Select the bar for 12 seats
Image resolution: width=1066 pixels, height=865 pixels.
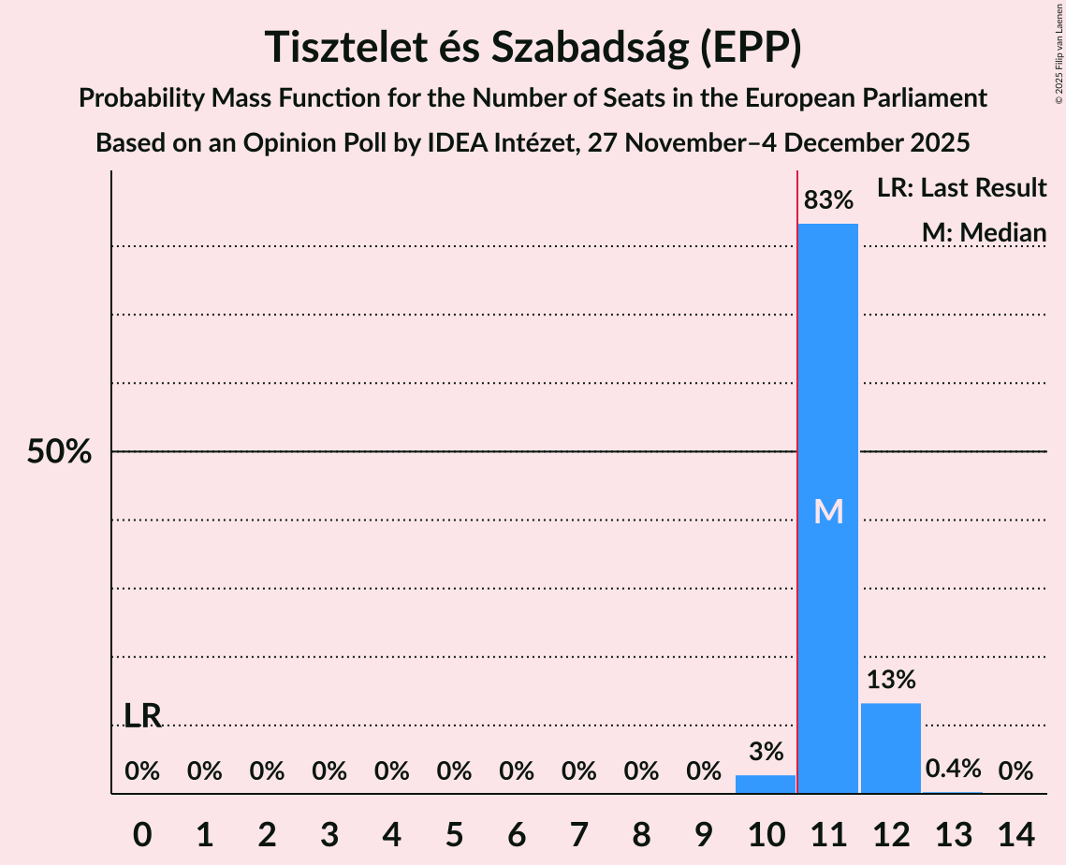890,748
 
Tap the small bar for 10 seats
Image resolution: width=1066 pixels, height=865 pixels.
766,784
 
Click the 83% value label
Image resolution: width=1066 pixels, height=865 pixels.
828,200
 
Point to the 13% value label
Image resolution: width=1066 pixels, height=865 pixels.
890,680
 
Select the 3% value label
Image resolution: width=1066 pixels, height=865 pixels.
766,751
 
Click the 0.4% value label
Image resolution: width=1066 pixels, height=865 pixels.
953,770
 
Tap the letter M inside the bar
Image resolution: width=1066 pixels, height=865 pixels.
828,511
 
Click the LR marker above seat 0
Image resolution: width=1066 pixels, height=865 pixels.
142,716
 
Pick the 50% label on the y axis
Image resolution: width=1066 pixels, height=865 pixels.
59,452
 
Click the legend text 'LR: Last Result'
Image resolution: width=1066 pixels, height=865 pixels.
961,188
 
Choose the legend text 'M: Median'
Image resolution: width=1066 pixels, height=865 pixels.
984,232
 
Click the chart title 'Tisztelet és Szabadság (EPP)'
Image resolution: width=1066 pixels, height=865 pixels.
533,47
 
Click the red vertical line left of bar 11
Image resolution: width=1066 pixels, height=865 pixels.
797,468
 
